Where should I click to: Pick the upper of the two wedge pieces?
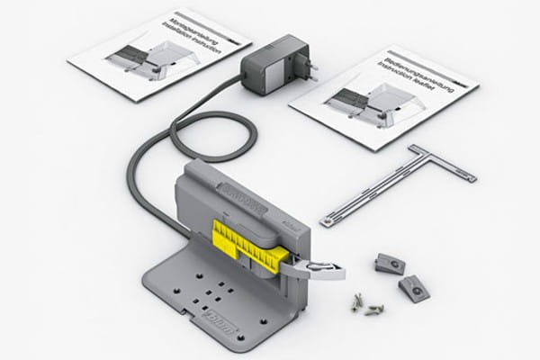tap(390, 263)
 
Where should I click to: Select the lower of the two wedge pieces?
tap(414, 288)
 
